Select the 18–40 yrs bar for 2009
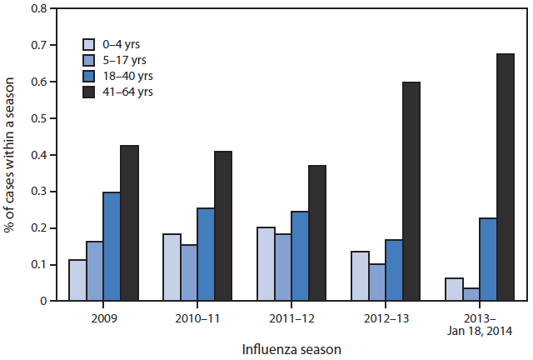(x=112, y=247)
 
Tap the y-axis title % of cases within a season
(x=10, y=154)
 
